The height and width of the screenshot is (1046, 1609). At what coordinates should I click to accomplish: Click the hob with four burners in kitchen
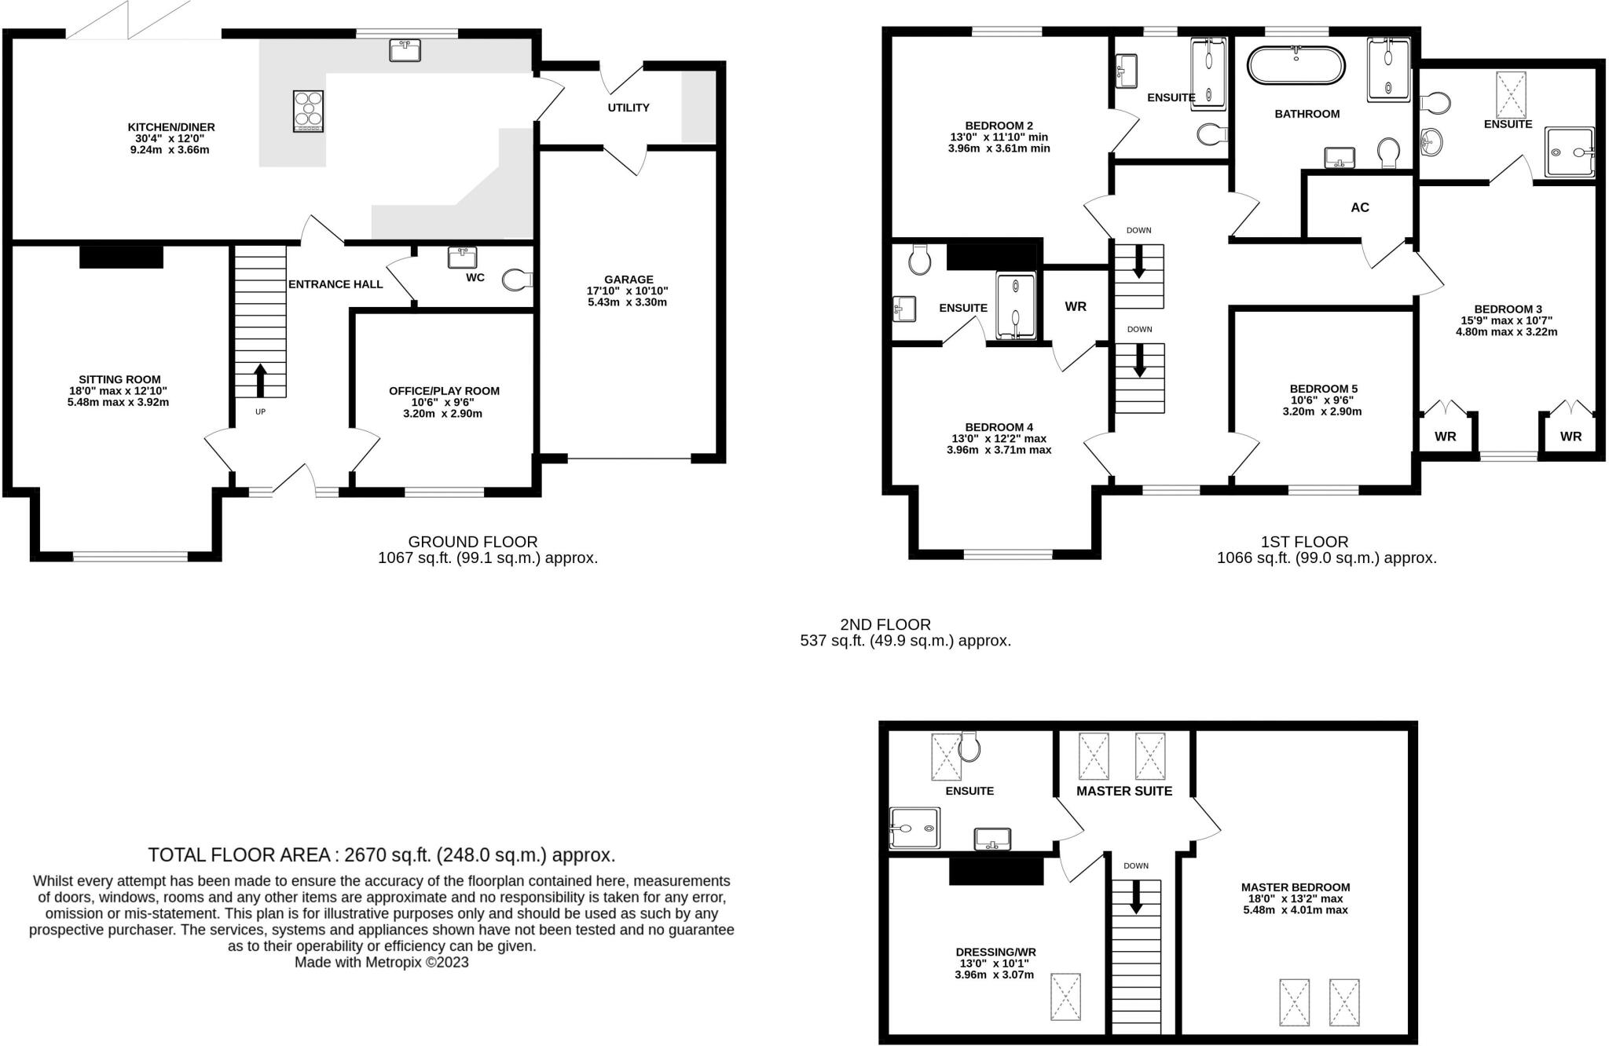[308, 111]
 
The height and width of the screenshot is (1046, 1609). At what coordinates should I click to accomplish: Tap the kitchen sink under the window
[405, 50]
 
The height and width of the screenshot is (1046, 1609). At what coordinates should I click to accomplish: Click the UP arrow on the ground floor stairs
[260, 380]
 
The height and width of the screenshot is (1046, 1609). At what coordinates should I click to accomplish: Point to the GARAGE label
[629, 279]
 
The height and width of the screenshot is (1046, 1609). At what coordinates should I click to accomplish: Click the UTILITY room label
[629, 108]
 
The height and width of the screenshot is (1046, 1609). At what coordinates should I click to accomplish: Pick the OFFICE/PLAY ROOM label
[444, 390]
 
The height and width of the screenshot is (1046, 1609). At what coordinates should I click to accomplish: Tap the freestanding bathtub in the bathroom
[1296, 65]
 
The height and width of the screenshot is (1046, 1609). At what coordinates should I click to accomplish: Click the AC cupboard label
[1360, 207]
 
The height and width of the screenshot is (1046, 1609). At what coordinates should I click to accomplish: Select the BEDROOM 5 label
[1323, 389]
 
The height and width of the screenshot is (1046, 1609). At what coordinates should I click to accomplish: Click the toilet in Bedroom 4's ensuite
[919, 258]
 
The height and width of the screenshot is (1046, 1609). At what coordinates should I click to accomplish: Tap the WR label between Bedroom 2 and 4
[1076, 307]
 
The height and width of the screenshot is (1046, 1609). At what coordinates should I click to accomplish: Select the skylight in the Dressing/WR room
[1065, 997]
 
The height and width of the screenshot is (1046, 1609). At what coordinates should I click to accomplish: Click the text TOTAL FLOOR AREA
[244, 854]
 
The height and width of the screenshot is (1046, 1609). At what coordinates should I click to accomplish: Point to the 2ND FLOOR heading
[885, 624]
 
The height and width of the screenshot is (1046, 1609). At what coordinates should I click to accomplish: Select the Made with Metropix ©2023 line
[381, 962]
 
